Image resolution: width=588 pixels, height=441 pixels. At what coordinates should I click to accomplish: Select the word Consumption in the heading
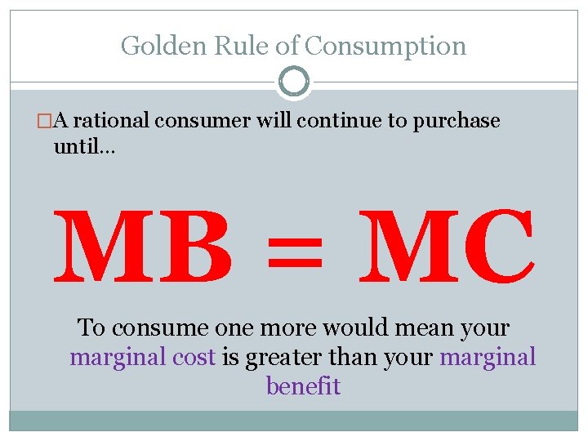click(x=385, y=46)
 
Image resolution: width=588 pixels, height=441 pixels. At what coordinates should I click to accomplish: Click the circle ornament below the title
click(x=294, y=82)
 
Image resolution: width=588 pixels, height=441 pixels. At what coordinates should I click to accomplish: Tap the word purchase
click(x=456, y=122)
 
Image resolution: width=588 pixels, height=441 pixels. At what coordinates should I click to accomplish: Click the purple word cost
click(x=195, y=357)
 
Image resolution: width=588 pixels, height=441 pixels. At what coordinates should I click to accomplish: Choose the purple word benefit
click(x=303, y=385)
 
